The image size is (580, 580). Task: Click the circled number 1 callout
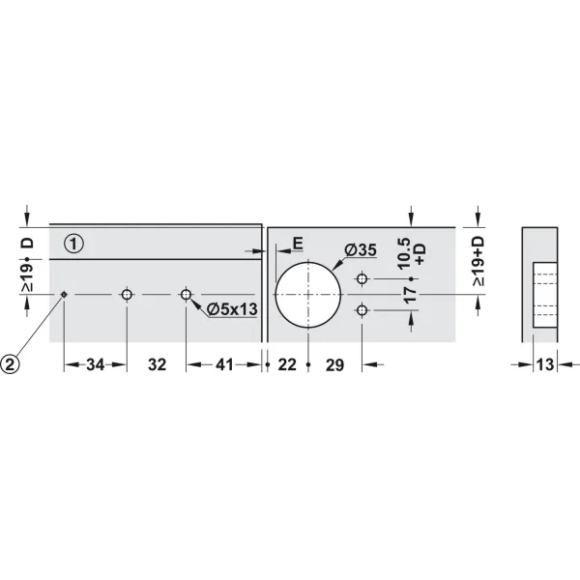tap(73, 244)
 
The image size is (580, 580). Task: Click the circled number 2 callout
tap(10, 364)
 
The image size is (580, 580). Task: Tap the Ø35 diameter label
tap(361, 250)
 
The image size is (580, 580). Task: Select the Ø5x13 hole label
tap(232, 309)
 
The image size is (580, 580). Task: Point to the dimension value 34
tap(96, 364)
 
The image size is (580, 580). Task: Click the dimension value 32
tap(158, 364)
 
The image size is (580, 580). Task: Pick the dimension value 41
tap(225, 364)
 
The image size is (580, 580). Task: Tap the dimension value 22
tap(287, 364)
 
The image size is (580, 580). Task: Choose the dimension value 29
tap(334, 364)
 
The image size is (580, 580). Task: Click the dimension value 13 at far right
tap(545, 364)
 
